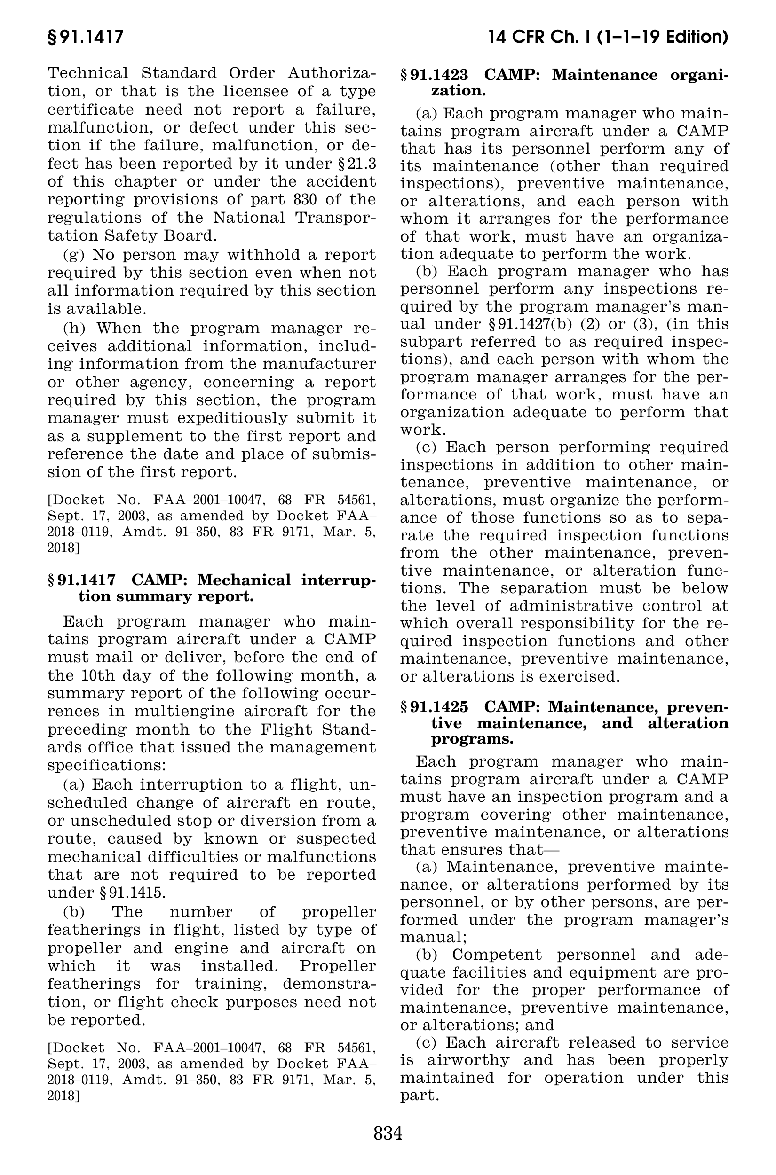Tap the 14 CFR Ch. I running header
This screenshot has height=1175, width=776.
coord(607,37)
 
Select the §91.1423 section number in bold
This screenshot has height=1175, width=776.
coord(434,75)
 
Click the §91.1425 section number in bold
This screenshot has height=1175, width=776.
coord(434,708)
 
